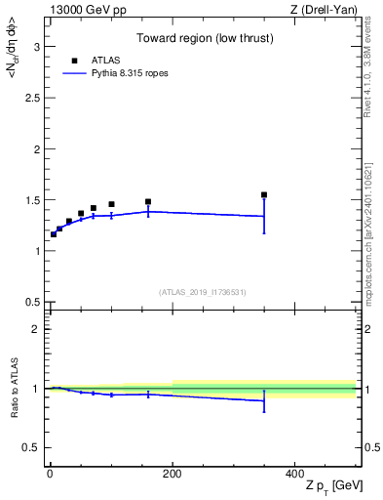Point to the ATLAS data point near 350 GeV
[x=264, y=194]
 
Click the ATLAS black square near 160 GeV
[x=148, y=201]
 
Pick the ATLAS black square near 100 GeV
[x=111, y=204]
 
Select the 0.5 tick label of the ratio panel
[x=32, y=447]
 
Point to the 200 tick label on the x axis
[x=172, y=474]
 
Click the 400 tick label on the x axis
[x=295, y=474]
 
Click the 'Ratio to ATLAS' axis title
[x=13, y=388]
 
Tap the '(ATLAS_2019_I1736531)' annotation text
[x=203, y=292]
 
